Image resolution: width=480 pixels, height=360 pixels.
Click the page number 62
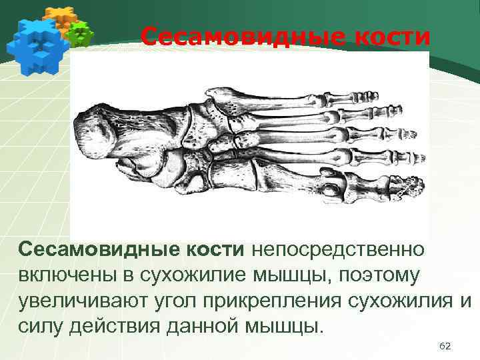click(446, 346)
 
